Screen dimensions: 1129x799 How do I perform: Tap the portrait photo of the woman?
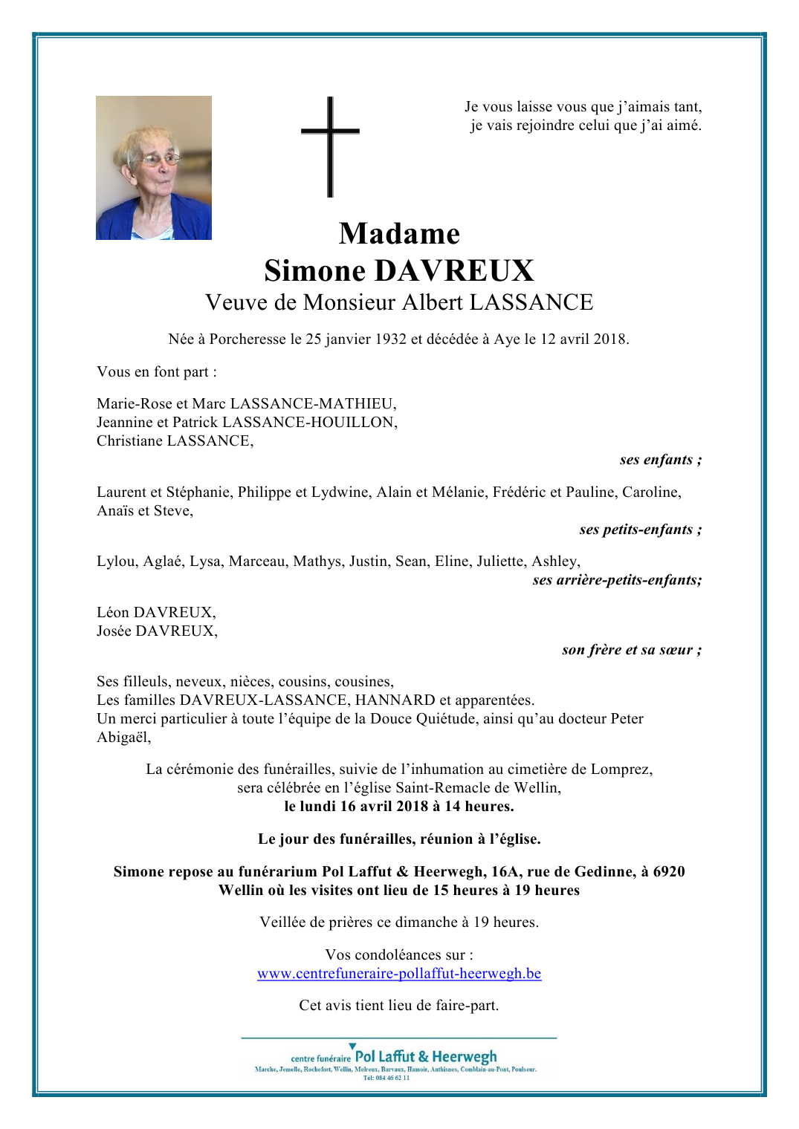pyautogui.click(x=154, y=168)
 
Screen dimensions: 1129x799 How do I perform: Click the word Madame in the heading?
pyautogui.click(x=399, y=234)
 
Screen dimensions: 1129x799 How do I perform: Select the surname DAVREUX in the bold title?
pyautogui.click(x=453, y=271)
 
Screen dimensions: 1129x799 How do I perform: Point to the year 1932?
pyautogui.click(x=390, y=339)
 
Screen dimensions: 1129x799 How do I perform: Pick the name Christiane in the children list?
pyautogui.click(x=130, y=441)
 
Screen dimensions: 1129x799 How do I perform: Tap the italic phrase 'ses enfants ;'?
pyautogui.click(x=660, y=460)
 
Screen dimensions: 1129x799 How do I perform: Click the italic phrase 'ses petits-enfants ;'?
pyautogui.click(x=640, y=530)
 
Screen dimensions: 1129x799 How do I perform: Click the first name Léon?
pyautogui.click(x=113, y=613)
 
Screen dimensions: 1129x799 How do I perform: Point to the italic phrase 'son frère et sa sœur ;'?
pyautogui.click(x=631, y=650)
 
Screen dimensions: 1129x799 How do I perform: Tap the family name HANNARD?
pyautogui.click(x=395, y=700)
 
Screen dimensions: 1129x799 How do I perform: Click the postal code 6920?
pyautogui.click(x=668, y=872)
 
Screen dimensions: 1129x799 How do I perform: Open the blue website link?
pyautogui.click(x=399, y=974)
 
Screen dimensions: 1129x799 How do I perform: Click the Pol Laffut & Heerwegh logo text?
pyautogui.click(x=425, y=1056)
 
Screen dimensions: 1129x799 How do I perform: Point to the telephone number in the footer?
pyautogui.click(x=386, y=1078)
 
